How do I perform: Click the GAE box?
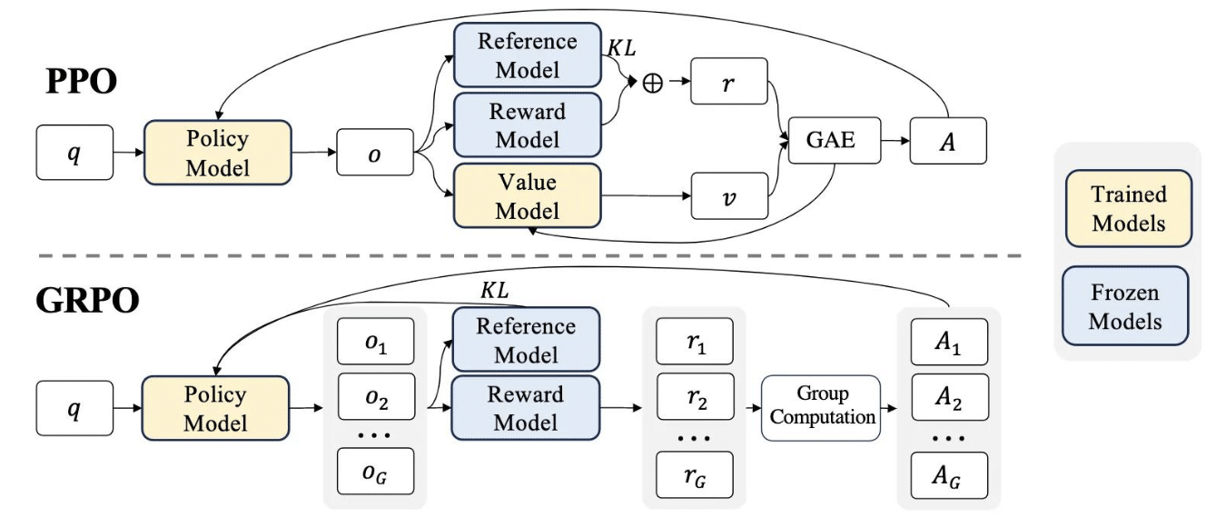[835, 140]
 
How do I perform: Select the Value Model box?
[527, 195]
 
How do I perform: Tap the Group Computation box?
[821, 408]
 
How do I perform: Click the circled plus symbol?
[652, 83]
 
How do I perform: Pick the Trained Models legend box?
[1129, 209]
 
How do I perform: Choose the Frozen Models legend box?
[1125, 306]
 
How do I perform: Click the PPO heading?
[82, 82]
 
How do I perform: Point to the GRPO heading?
[87, 301]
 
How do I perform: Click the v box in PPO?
[729, 196]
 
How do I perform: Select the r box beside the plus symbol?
[729, 81]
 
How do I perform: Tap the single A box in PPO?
[948, 141]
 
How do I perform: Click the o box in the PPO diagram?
[375, 153]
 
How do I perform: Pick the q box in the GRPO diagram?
[75, 408]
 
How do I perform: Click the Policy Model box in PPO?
[217, 153]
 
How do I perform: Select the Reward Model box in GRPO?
[526, 408]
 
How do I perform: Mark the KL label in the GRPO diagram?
[495, 290]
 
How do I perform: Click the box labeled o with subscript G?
[375, 472]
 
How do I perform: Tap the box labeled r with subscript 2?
[695, 397]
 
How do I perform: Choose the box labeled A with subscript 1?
[949, 342]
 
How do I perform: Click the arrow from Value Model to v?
[646, 195]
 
